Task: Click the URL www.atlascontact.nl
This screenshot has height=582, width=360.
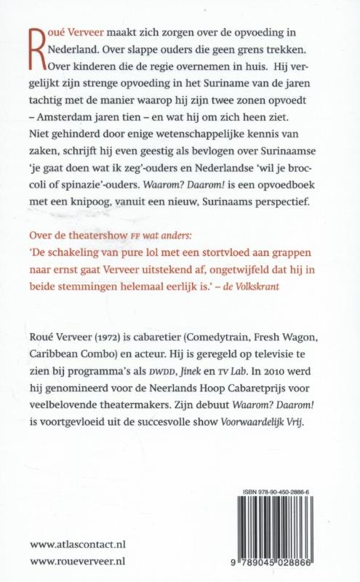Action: [80, 543]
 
